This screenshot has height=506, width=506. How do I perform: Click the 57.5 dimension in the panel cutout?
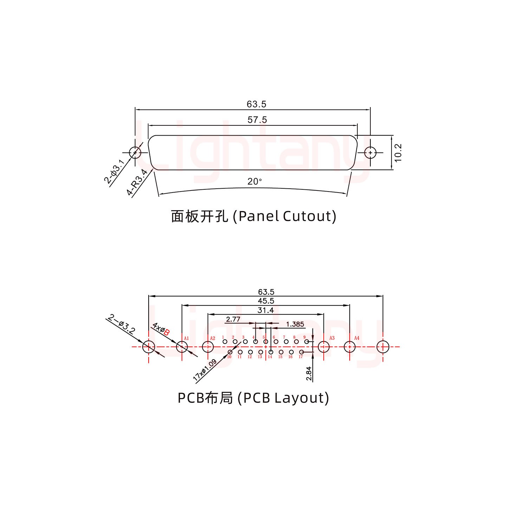click(257, 120)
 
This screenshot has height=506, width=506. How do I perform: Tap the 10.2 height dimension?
click(398, 153)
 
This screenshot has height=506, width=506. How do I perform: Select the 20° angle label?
click(255, 182)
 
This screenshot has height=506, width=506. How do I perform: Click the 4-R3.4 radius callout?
click(137, 182)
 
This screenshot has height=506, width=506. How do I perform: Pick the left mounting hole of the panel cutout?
click(135, 153)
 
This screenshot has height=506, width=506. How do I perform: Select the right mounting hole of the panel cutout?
click(370, 153)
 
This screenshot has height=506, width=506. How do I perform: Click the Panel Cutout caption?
click(253, 216)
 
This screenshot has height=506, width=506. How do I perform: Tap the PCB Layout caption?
click(253, 398)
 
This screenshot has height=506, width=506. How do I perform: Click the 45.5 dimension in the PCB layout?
click(266, 301)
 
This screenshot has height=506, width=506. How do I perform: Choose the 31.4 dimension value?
click(266, 310)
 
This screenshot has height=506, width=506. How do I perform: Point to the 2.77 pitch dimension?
click(233, 319)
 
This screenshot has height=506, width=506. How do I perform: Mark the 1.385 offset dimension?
click(295, 324)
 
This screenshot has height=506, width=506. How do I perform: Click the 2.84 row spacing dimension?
click(309, 373)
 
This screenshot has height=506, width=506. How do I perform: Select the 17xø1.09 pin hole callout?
click(205, 371)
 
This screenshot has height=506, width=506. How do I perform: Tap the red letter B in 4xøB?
click(167, 332)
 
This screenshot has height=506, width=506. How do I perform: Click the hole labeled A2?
click(208, 347)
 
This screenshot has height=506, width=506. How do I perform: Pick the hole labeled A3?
click(323, 347)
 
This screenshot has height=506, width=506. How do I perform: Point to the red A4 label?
click(357, 338)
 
